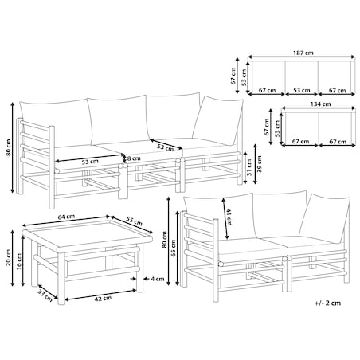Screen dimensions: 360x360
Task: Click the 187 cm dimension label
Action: point(303,53)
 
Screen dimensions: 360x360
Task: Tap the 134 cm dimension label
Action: point(320,104)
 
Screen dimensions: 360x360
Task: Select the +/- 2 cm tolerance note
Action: point(327,303)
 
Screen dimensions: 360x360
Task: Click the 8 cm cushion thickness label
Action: point(134,158)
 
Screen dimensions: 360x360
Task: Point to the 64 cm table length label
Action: point(66,217)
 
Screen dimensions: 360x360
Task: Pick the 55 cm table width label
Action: point(134,221)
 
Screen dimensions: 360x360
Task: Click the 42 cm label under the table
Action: point(103,298)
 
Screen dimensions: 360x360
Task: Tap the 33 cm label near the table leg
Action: point(45,295)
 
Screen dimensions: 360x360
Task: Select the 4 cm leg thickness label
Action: point(158,279)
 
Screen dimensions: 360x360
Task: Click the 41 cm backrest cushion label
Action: point(229,217)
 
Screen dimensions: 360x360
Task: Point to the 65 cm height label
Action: point(173,248)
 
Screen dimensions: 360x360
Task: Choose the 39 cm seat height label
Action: point(259,164)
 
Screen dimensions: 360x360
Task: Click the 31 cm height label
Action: point(249,167)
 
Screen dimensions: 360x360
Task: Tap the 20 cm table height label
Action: point(9,257)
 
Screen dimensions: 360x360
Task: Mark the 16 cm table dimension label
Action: point(19,262)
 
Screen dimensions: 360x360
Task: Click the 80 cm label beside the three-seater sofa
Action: point(9,147)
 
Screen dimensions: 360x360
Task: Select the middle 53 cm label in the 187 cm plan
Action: point(302,90)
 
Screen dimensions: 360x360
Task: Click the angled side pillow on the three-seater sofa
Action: point(219,120)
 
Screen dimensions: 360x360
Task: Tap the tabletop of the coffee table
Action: point(88,233)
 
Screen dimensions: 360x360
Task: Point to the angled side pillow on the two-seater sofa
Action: point(325,217)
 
